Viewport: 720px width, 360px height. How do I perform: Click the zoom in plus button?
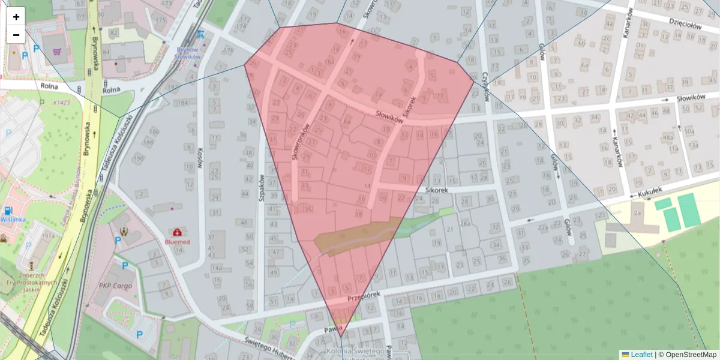click(16, 17)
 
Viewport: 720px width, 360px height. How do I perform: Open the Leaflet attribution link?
click(641, 355)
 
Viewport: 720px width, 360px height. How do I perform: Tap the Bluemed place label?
click(177, 242)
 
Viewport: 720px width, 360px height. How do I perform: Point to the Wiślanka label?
click(13, 219)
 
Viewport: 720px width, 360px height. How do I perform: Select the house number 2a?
click(637, 212)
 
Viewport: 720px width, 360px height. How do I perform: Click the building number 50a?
click(689, 131)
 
